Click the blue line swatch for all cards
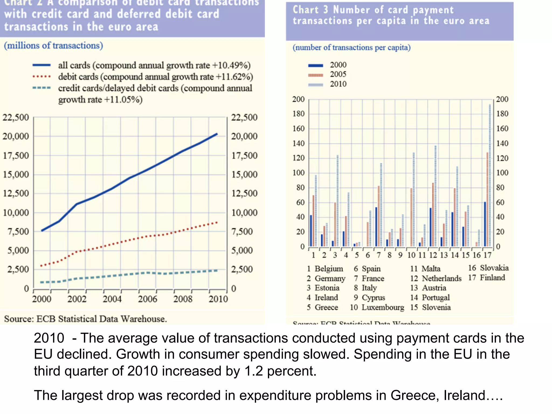[42, 65]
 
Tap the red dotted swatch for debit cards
[42, 77]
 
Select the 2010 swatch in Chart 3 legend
[316, 85]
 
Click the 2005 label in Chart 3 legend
[338, 74]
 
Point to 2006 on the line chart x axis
[147, 299]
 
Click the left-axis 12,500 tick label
[16, 194]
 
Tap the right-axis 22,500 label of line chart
[244, 118]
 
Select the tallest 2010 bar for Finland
[490, 175]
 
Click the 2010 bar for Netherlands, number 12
[435, 196]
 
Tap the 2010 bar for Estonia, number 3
[337, 201]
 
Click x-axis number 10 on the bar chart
[411, 255]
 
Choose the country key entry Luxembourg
[383, 307]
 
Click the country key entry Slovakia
[494, 268]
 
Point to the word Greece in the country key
[326, 307]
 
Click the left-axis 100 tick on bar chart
[299, 173]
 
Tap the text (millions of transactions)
[53, 46]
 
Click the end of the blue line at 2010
[217, 134]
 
